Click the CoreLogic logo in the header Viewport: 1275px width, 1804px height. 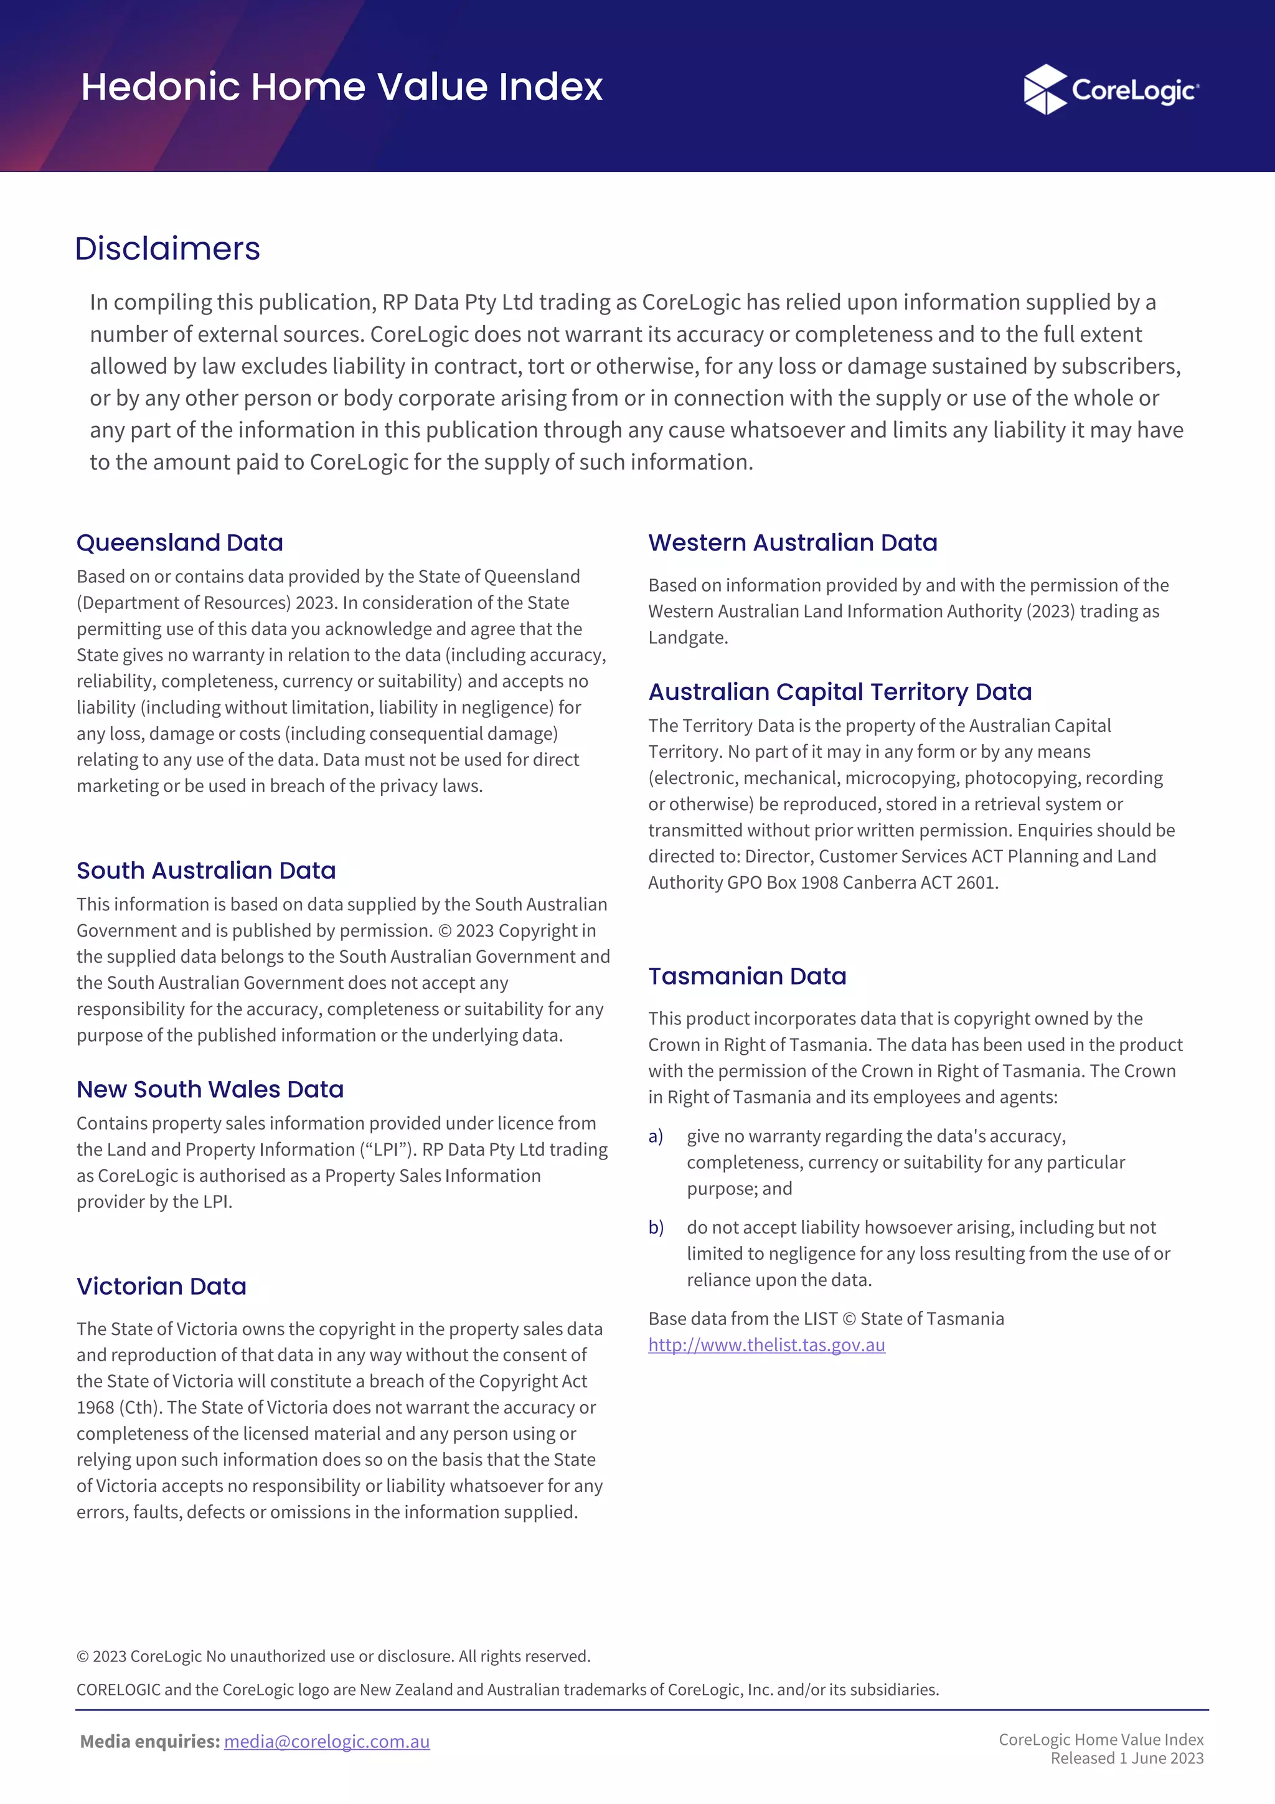pos(1111,90)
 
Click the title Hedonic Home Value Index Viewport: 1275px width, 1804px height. pos(342,87)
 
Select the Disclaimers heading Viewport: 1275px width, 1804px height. pos(167,248)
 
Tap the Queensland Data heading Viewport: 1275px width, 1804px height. pos(179,542)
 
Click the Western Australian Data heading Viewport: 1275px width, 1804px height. pos(792,542)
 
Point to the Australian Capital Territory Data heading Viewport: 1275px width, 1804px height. pos(839,691)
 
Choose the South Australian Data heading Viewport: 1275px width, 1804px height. pos(206,870)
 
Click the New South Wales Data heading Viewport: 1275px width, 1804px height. pos(210,1089)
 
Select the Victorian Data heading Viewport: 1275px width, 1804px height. pos(161,1287)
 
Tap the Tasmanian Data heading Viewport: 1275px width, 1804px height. pos(746,976)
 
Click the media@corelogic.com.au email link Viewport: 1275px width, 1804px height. pos(327,1741)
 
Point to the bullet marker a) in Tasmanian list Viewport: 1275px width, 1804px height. pos(655,1136)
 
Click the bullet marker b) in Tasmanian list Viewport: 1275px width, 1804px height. pos(655,1227)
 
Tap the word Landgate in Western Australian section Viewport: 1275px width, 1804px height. pos(686,637)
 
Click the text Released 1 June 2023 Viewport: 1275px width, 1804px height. pos(1127,1759)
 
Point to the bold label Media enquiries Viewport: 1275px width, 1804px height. pos(149,1741)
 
